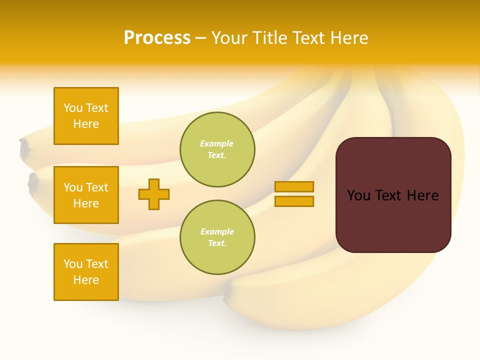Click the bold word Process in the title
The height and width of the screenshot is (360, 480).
tap(157, 38)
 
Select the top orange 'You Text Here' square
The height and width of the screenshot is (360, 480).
tap(86, 116)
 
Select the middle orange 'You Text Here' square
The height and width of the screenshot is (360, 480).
tap(86, 195)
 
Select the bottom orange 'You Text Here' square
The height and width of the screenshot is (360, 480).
tap(86, 272)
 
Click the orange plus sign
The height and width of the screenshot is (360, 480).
tap(154, 194)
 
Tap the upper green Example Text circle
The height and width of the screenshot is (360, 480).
tap(217, 149)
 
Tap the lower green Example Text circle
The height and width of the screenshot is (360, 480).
tap(217, 237)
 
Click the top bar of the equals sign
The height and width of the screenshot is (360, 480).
tap(294, 186)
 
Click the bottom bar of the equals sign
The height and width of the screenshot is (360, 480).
tap(294, 201)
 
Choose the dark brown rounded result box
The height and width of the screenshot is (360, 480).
tap(393, 195)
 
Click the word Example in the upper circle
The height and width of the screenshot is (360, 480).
tap(217, 143)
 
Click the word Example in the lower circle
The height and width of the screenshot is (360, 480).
tap(217, 231)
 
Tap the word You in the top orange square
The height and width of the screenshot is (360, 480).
tap(72, 108)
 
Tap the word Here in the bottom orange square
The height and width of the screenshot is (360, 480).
tap(86, 280)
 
